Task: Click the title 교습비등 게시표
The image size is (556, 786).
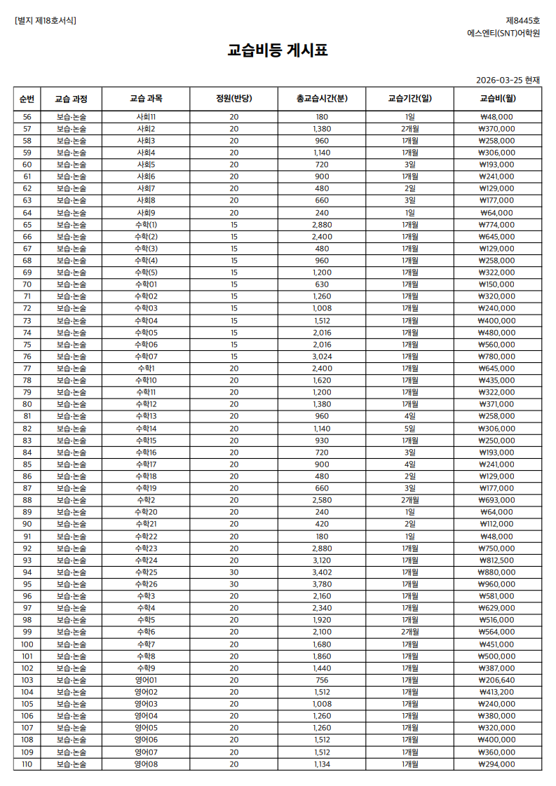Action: [x=278, y=50]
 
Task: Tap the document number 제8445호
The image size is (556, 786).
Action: [x=523, y=20]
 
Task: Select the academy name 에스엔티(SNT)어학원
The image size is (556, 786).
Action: [x=504, y=33]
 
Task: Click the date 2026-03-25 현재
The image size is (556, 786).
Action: [x=508, y=80]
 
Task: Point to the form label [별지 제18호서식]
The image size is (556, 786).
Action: [x=46, y=20]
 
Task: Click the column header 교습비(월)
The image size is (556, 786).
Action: [x=497, y=98]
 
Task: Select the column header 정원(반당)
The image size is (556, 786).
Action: [x=233, y=98]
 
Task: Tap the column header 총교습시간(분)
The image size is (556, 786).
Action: [x=322, y=98]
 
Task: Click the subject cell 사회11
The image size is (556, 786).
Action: [x=146, y=117]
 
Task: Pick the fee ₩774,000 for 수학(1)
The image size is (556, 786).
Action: [x=497, y=225]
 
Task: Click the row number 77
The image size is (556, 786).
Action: [x=27, y=368]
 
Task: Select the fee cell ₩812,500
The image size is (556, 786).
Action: [x=497, y=560]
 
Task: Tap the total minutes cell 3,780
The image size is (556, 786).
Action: [x=322, y=584]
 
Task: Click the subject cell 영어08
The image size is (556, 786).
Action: [x=146, y=764]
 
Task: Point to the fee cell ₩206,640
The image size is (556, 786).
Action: [x=497, y=680]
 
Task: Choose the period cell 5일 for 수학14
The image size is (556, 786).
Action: [x=410, y=428]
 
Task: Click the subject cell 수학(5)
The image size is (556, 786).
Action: [x=146, y=273]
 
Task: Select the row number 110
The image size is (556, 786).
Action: [x=27, y=764]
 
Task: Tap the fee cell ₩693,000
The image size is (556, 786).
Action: [x=497, y=500]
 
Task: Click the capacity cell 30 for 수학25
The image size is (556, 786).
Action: [x=233, y=572]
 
